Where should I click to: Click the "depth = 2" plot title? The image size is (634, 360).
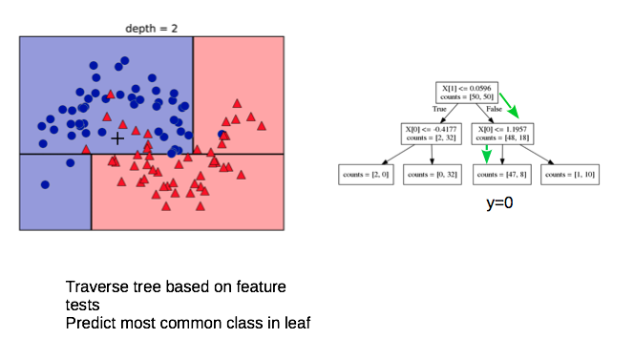tap(151, 29)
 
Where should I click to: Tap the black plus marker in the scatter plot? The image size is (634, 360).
tap(117, 138)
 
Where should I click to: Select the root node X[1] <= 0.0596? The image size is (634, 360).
tap(467, 93)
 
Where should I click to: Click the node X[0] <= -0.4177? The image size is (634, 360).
tap(431, 134)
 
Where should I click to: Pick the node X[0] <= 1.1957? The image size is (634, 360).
tap(502, 134)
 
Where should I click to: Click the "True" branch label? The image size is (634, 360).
tap(439, 109)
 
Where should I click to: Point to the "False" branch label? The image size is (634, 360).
tap(494, 109)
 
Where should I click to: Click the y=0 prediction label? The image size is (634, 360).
tap(499, 202)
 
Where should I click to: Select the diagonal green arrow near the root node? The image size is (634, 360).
tap(509, 106)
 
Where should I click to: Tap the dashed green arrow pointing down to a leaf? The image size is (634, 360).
tap(487, 154)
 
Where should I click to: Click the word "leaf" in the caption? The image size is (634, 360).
tap(297, 323)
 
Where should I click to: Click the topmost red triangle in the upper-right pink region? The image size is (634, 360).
tap(237, 103)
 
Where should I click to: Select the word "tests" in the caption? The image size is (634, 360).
tap(82, 305)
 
